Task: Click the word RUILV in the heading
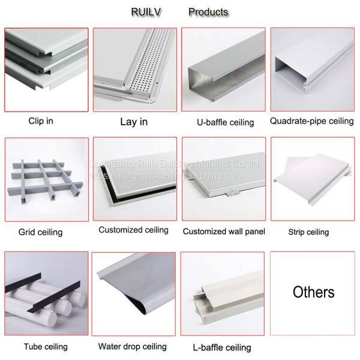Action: coord(145,11)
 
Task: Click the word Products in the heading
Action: coord(208,11)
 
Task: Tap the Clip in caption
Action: coord(41,121)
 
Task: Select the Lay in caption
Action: coord(134,121)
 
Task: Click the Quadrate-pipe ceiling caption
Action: coord(312,121)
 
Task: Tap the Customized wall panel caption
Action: coord(224,231)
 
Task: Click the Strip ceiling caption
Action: coord(309,232)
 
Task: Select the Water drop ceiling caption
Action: coord(132,347)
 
